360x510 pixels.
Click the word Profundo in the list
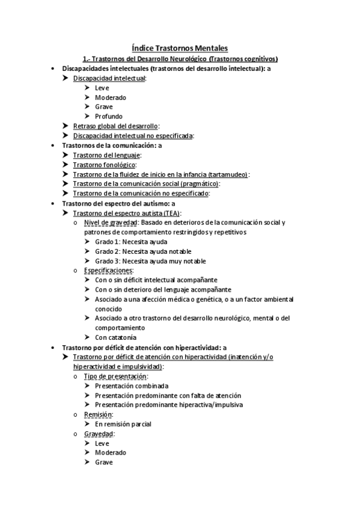pyautogui.click(x=108, y=116)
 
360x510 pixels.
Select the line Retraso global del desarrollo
pyautogui.click(x=115, y=126)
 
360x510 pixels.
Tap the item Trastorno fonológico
pyautogui.click(x=104, y=164)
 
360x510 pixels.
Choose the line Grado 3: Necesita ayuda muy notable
pyautogui.click(x=150, y=261)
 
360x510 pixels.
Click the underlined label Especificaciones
pyautogui.click(x=108, y=271)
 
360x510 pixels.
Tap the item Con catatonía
pyautogui.click(x=115, y=337)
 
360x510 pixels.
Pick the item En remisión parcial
pyautogui.click(x=123, y=424)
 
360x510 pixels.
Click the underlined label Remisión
pyautogui.click(x=98, y=414)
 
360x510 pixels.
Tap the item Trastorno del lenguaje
pyautogui.click(x=106, y=155)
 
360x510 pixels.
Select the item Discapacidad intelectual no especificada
pyautogui.click(x=132, y=135)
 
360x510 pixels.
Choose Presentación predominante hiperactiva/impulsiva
pyautogui.click(x=169, y=405)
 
